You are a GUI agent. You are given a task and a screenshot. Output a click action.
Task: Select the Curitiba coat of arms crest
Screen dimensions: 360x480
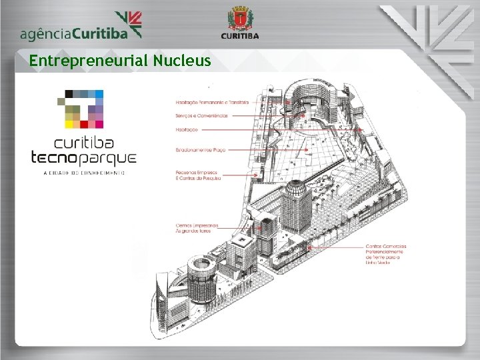pyautogui.click(x=239, y=18)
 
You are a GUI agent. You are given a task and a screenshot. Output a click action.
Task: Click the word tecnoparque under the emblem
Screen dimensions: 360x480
pyautogui.click(x=84, y=158)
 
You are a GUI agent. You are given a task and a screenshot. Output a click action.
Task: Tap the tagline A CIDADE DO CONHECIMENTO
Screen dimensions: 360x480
pyautogui.click(x=84, y=173)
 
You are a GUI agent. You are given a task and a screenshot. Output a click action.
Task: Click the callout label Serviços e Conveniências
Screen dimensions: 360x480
pyautogui.click(x=201, y=116)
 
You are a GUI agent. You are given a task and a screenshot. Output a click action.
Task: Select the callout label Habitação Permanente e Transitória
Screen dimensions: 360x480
pyautogui.click(x=212, y=103)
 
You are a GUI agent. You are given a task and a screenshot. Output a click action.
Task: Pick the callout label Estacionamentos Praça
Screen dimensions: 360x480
pyautogui.click(x=201, y=151)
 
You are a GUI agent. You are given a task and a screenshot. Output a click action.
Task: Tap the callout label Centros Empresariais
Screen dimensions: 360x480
pyautogui.click(x=197, y=228)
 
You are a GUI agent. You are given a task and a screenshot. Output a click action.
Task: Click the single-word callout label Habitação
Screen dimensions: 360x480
pyautogui.click(x=187, y=129)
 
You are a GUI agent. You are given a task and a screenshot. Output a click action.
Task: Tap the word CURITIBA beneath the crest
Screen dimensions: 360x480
pyautogui.click(x=240, y=36)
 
